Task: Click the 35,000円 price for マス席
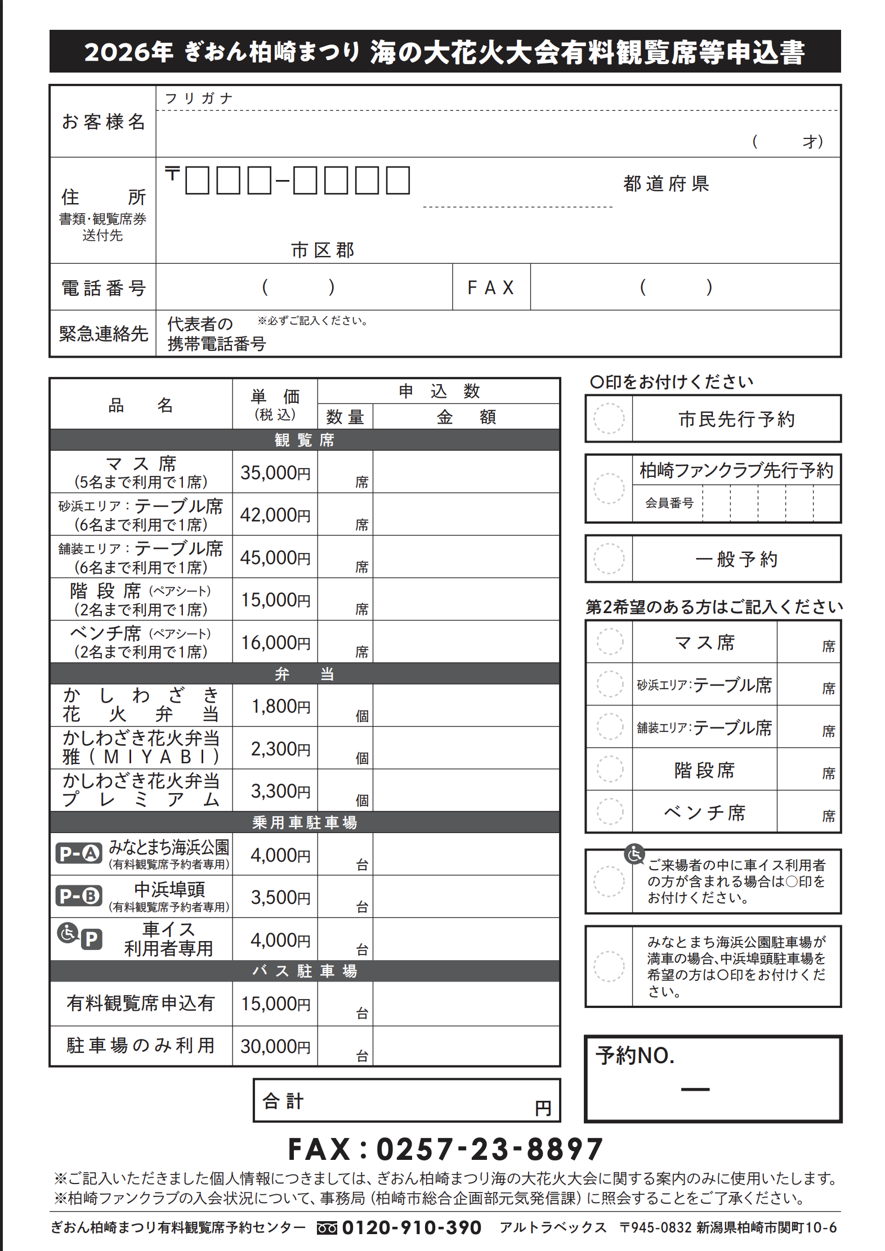coord(275,472)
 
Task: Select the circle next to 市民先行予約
coord(609,419)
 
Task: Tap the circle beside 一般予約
coord(609,559)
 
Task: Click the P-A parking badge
coord(79,854)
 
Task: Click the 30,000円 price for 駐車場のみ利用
coord(275,1046)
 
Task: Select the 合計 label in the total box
coord(283,1101)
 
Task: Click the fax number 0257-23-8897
coord(489,1149)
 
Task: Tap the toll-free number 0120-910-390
coord(412,1227)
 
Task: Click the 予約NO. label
coord(635,1056)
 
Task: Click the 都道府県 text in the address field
coord(666,184)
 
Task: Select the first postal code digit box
coord(197,181)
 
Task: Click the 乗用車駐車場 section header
coord(305,822)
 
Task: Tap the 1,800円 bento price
coord(280,706)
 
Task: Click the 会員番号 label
coord(669,503)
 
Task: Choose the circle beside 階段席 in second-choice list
coord(610,769)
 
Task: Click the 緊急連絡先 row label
coord(104,334)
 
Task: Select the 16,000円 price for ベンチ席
coord(275,642)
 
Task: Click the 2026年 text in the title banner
coord(129,52)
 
